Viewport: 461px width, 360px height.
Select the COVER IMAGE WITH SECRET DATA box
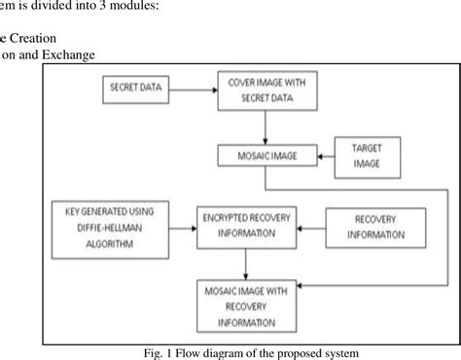click(260, 91)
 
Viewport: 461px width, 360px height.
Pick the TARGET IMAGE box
click(360, 157)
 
